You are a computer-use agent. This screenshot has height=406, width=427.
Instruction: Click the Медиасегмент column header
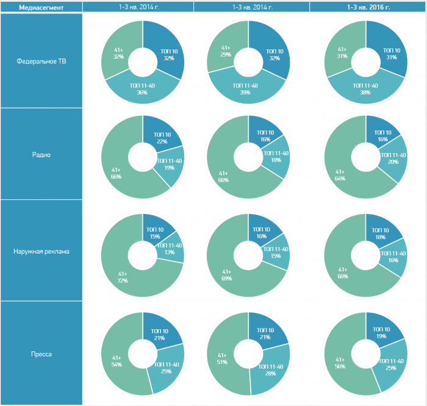[x=41, y=7]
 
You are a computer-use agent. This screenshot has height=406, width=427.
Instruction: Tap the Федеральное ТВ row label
[x=41, y=61]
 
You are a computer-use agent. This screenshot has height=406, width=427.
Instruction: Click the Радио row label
[x=41, y=154]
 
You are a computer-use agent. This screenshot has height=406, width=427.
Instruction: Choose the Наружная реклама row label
[x=41, y=251]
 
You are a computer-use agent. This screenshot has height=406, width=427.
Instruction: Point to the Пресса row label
[x=41, y=353]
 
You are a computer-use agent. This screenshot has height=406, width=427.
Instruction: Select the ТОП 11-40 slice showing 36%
[x=142, y=89]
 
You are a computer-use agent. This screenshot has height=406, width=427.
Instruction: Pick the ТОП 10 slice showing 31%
[x=391, y=54]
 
